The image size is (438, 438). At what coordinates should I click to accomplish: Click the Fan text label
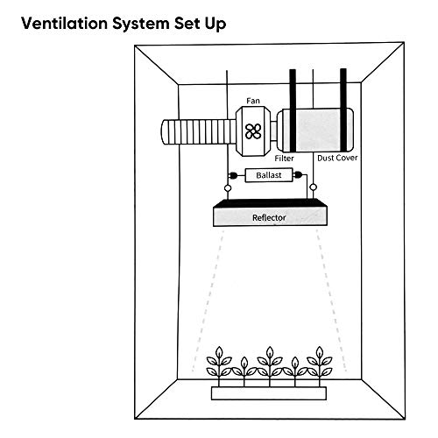coord(253,102)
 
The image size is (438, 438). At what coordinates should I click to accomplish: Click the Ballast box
coord(269,175)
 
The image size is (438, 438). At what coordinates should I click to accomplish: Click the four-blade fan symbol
coord(254,132)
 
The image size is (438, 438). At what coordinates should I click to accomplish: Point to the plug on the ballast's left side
coord(236,175)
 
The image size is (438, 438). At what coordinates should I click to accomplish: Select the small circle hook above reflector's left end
coord(229,187)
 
